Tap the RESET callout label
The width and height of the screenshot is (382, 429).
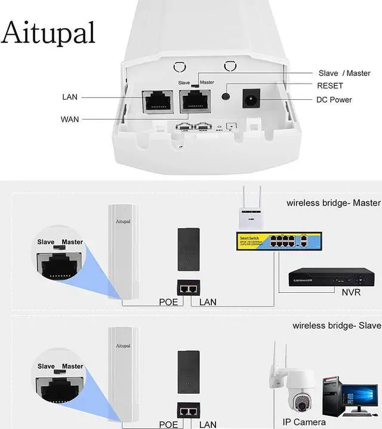coord(330,86)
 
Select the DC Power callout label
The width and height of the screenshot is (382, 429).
coord(334,100)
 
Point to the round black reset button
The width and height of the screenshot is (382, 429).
coord(226,97)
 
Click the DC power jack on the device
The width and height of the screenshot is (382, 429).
coord(252,98)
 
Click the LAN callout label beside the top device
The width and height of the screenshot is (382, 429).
coord(70,97)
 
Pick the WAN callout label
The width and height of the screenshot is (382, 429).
coord(70,119)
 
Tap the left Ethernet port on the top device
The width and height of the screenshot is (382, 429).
coord(157,103)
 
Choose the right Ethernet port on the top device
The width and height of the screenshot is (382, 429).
coord(195,103)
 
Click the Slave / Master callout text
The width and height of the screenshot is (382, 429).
coord(344,73)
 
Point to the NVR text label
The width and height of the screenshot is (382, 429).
coord(351,293)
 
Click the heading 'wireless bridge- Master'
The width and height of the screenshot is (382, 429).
coord(333,203)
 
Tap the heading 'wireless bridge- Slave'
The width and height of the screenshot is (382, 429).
coord(337,326)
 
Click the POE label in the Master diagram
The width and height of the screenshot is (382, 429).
coord(168,302)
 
